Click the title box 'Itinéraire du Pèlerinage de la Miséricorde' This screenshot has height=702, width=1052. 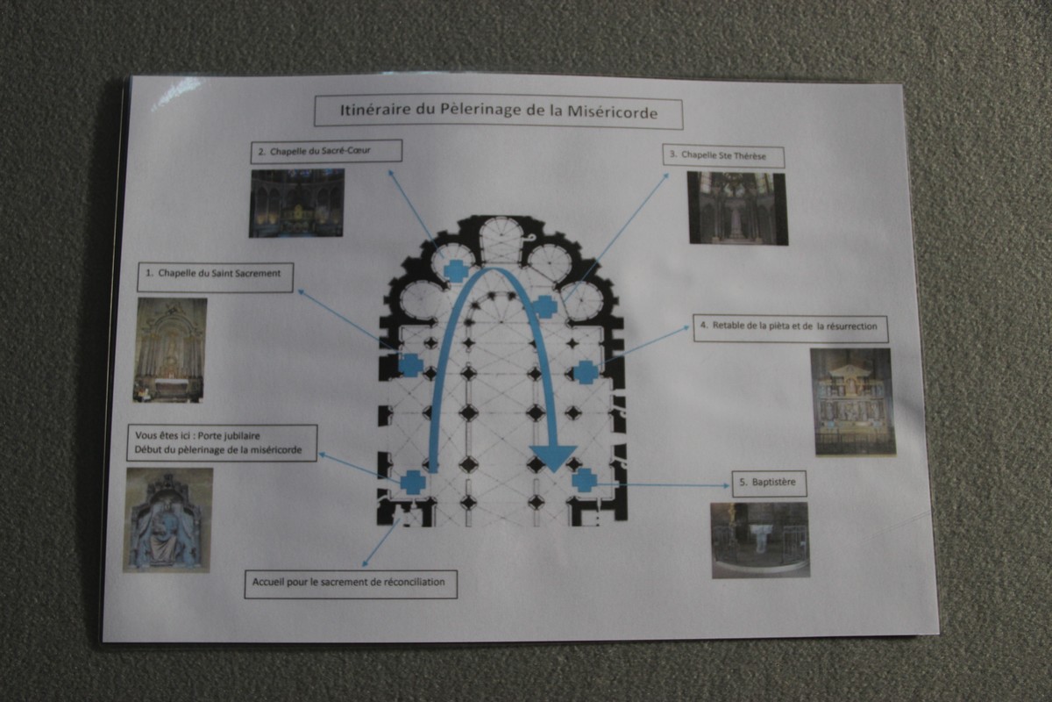coord(498,112)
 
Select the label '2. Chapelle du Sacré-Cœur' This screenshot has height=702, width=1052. coord(326,152)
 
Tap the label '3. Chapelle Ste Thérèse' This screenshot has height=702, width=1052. coord(723,156)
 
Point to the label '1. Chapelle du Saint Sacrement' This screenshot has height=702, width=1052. coord(215,277)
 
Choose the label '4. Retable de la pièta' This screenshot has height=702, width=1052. coord(791,328)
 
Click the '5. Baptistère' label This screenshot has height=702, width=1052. coord(770,484)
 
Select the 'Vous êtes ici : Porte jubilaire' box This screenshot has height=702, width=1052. coord(222,443)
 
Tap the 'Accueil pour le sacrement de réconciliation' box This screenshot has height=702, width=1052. coord(351,584)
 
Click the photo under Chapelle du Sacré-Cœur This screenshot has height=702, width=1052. coord(296,203)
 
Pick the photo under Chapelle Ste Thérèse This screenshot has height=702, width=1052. coord(738,208)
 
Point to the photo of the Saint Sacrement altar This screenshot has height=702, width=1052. coord(169,350)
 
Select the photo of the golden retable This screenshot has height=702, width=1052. coord(853,402)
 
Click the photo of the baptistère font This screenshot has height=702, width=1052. coord(760,541)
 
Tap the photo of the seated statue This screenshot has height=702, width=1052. coord(168,519)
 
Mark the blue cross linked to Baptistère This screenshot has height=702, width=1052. coord(585,480)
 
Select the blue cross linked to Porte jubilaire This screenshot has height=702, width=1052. coord(413,483)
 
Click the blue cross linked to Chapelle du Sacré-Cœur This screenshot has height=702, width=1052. coord(457,270)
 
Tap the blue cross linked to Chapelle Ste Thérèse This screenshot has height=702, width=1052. coord(544,306)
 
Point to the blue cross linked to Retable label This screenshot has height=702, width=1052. coord(586,372)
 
